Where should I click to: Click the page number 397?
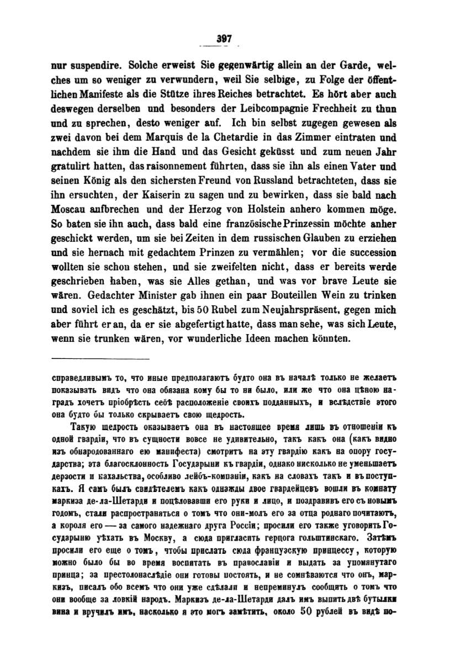tap(224, 39)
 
